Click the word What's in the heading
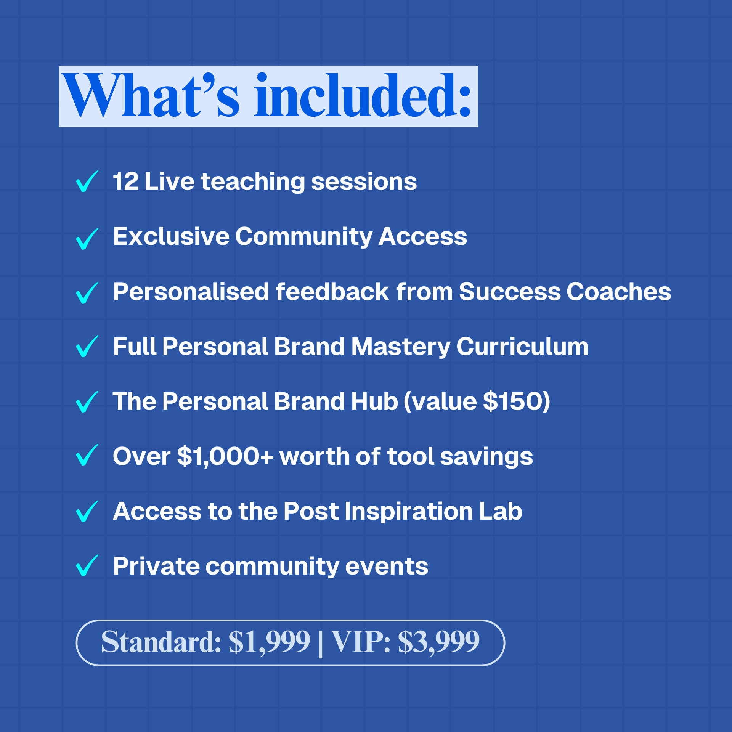[151, 95]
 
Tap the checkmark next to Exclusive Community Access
[87, 239]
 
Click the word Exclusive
[171, 236]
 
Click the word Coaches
[619, 292]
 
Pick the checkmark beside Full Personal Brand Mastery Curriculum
[87, 347]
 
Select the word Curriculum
[522, 347]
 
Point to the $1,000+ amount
[225, 456]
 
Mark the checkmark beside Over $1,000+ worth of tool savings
[87, 455]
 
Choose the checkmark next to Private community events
[87, 565]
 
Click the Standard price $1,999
[270, 642]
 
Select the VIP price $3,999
[439, 642]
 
